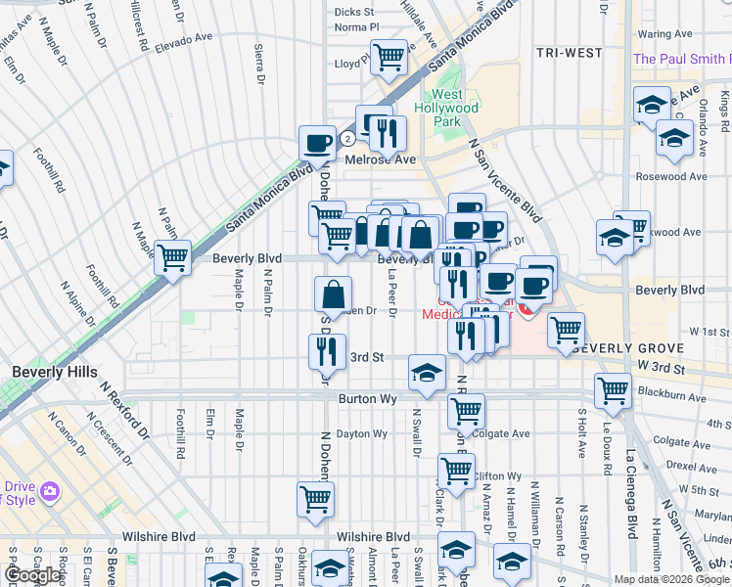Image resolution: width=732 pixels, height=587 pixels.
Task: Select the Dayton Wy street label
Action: tap(362, 433)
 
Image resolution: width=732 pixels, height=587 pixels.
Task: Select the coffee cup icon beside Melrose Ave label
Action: tap(317, 143)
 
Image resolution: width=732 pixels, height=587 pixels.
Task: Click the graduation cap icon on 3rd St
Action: tap(426, 371)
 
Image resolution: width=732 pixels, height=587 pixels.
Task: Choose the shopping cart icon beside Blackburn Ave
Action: tap(613, 389)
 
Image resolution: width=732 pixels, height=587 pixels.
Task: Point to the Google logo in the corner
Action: tap(32, 575)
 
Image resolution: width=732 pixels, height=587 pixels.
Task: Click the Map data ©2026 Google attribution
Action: tap(672, 579)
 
